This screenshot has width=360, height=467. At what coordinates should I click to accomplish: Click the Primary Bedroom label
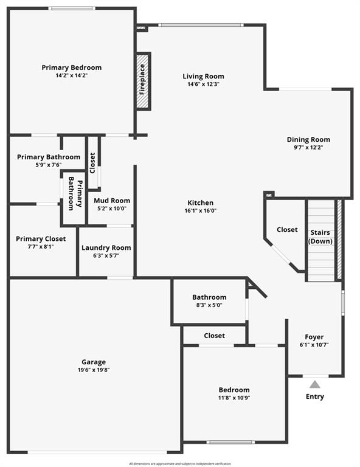(x=72, y=67)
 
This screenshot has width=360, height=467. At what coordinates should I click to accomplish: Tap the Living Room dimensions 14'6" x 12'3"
(x=203, y=85)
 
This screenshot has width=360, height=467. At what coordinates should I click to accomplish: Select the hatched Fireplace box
(x=144, y=81)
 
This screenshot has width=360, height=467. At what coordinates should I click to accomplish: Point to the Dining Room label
(x=308, y=139)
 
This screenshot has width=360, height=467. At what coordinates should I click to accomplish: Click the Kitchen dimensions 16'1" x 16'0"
(x=201, y=211)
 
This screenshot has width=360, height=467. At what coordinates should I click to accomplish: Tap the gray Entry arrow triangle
(x=315, y=384)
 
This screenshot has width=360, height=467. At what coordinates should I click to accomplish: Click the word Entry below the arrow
(x=315, y=396)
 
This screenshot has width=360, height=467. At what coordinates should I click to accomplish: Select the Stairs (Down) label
(x=320, y=237)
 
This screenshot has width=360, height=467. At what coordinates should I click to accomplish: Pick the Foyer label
(x=314, y=337)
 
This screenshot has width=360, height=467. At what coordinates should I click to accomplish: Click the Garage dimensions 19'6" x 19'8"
(x=94, y=370)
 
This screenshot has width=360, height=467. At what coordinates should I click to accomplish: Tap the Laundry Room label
(x=106, y=248)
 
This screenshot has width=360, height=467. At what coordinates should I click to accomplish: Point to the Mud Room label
(x=112, y=201)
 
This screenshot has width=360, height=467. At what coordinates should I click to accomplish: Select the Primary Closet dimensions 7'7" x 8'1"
(x=41, y=247)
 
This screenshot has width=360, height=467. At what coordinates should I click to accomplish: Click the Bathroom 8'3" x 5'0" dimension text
(x=209, y=305)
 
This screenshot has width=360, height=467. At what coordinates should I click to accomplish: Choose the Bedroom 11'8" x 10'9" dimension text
(x=234, y=398)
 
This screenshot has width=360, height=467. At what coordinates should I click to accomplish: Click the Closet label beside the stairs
(x=287, y=230)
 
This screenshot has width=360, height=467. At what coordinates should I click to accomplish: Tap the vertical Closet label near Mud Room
(x=92, y=163)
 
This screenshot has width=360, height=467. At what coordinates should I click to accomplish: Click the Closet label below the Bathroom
(x=215, y=336)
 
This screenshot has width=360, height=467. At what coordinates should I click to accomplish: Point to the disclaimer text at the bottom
(x=180, y=464)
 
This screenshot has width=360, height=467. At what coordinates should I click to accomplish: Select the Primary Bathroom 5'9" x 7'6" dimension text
(x=49, y=165)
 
